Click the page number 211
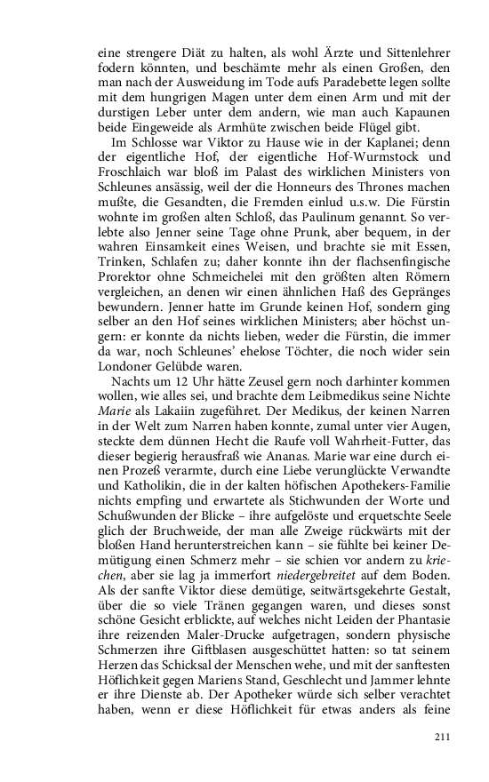click(x=443, y=736)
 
